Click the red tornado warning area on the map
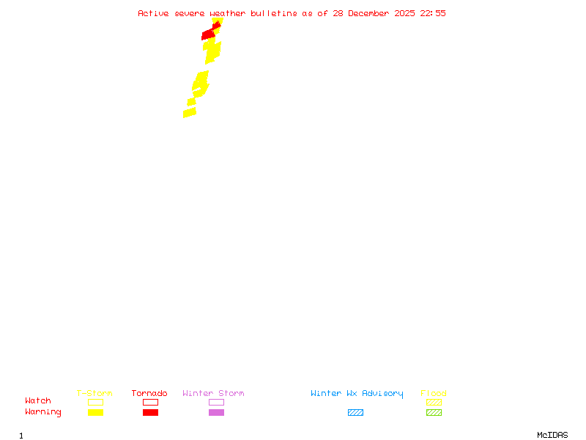pos(209,34)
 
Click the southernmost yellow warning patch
pos(190,113)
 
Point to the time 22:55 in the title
pos(433,13)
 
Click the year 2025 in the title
pos(406,13)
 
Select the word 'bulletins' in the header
pos(274,13)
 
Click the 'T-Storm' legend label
pos(94,394)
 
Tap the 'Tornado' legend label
pos(149,394)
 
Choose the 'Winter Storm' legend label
pos(213,394)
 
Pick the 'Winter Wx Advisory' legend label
pos(357,394)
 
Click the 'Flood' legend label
pos(434,394)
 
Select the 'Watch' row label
pos(38,401)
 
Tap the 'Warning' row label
pos(43,412)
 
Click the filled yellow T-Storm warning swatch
pos(95,413)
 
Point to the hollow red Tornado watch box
pos(150,402)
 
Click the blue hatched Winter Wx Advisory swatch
pos(355,413)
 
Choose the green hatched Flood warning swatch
pos(434,413)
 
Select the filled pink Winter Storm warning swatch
pos(216,413)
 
